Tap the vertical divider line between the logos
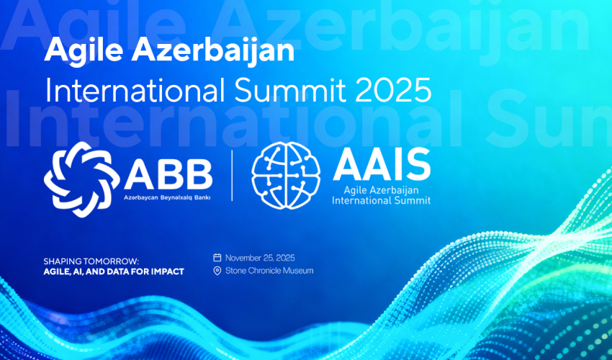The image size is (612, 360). (232, 176)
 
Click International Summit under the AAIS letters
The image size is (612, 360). (382, 201)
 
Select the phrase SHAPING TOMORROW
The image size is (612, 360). (91, 261)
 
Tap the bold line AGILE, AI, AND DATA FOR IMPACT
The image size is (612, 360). (114, 271)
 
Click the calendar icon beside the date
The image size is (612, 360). (217, 258)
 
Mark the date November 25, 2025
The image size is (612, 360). (260, 258)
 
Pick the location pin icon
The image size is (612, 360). (217, 271)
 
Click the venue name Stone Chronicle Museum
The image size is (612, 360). (269, 271)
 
